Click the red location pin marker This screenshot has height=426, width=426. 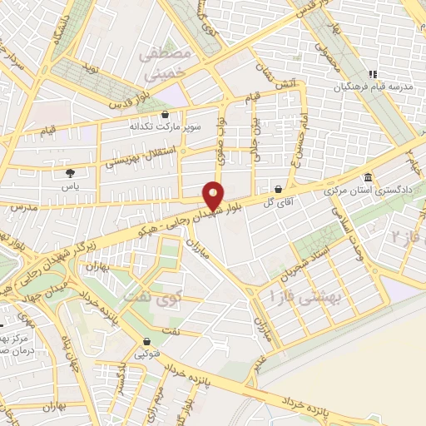(214, 195)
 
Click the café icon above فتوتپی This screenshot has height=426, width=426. (147, 341)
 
